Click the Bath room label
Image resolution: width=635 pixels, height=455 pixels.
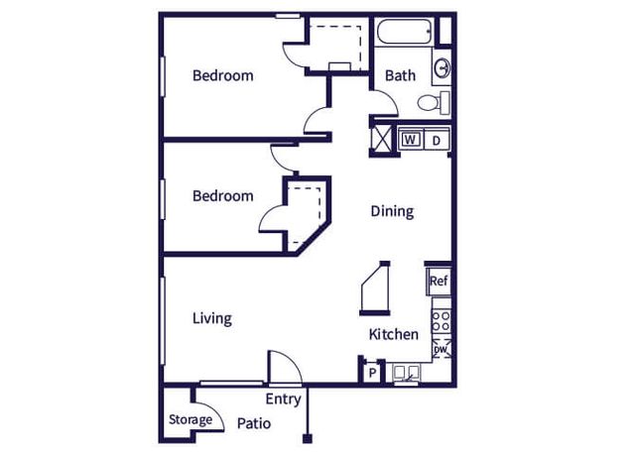coord(400,75)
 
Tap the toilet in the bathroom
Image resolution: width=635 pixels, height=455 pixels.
coord(434,103)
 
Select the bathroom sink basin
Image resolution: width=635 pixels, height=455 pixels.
coord(442,67)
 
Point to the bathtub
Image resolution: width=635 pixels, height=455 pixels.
coord(405,32)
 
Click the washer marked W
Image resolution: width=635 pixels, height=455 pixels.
coord(410,140)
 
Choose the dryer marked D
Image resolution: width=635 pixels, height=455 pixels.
coord(437,140)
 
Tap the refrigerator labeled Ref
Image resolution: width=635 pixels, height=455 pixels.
coord(439,281)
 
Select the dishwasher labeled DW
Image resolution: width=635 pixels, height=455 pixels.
coord(442,349)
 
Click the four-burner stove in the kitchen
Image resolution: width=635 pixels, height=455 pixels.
coord(441,319)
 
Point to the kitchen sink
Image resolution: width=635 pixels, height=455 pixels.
coord(406,373)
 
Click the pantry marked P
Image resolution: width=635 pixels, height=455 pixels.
coord(373,372)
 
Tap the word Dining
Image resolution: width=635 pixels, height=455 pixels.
coord(393,211)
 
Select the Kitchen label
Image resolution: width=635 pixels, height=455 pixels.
coord(394,334)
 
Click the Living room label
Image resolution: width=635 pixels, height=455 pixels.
coord(212,319)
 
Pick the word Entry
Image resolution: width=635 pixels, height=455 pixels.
coord(284,399)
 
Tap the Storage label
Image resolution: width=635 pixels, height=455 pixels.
coord(190,420)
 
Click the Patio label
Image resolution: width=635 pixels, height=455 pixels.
coord(254,423)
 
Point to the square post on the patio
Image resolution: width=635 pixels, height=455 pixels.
coord(308,439)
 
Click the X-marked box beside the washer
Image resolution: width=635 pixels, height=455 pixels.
coord(381,140)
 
